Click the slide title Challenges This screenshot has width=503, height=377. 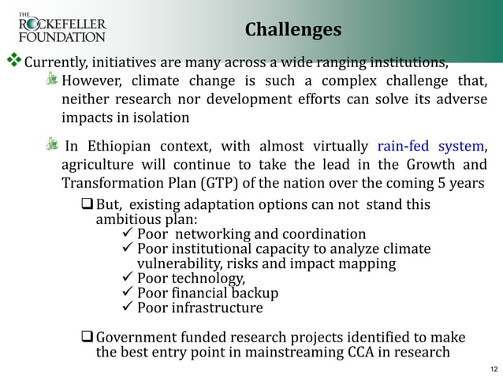pyautogui.click(x=292, y=29)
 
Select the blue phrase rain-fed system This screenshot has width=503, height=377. pyautogui.click(x=430, y=147)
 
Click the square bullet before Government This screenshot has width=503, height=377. pyautogui.click(x=87, y=337)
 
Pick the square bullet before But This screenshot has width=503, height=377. pyautogui.click(x=87, y=205)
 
